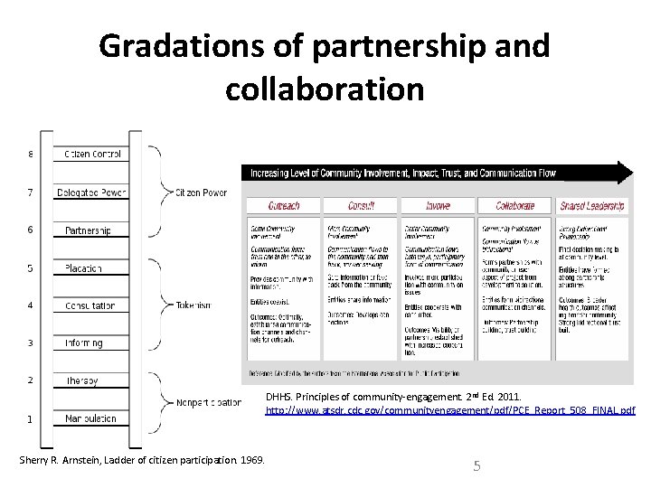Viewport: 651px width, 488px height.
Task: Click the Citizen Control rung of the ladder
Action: pyautogui.click(x=91, y=154)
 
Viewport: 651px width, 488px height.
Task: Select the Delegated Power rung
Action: pyautogui.click(x=91, y=192)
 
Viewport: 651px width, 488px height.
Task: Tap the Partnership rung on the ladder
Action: pyautogui.click(x=89, y=230)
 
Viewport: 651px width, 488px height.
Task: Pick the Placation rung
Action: pyautogui.click(x=84, y=267)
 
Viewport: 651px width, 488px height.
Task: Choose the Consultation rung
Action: pyautogui.click(x=90, y=305)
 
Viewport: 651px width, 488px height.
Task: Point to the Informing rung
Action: pyautogui.click(x=84, y=343)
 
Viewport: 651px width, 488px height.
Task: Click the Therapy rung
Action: pyautogui.click(x=81, y=380)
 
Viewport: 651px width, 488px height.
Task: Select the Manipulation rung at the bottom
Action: pyautogui.click(x=90, y=418)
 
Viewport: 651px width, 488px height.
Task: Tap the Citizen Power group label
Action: pyautogui.click(x=201, y=192)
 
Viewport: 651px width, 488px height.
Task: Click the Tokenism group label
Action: pyautogui.click(x=194, y=305)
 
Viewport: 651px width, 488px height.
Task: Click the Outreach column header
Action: pyautogui.click(x=282, y=205)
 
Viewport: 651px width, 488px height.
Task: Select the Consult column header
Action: pyautogui.click(x=360, y=205)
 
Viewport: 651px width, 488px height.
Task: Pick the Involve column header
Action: pyautogui.click(x=438, y=205)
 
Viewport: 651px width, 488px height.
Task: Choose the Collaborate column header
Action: pyautogui.click(x=515, y=205)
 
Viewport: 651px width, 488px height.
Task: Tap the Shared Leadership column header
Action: pyautogui.click(x=592, y=205)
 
